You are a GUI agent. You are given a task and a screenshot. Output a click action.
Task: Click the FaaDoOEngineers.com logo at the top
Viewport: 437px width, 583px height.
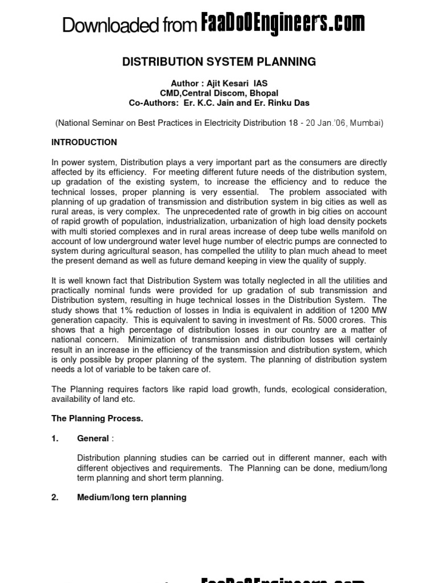pyautogui.click(x=283, y=24)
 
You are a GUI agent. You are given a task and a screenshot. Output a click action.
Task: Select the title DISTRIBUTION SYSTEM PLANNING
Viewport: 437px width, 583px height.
pyautogui.click(x=219, y=62)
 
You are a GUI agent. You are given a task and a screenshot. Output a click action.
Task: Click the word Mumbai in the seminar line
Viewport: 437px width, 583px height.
pyautogui.click(x=366, y=122)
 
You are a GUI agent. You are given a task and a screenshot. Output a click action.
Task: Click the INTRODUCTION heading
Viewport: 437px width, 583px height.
pyautogui.click(x=84, y=142)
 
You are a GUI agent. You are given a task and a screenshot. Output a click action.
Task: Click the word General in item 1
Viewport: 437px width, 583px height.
pyautogui.click(x=93, y=438)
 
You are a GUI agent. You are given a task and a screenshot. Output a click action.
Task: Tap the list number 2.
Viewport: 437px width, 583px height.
pyautogui.click(x=55, y=497)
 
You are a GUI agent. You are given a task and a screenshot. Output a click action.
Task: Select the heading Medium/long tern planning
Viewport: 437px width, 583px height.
pyautogui.click(x=131, y=497)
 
